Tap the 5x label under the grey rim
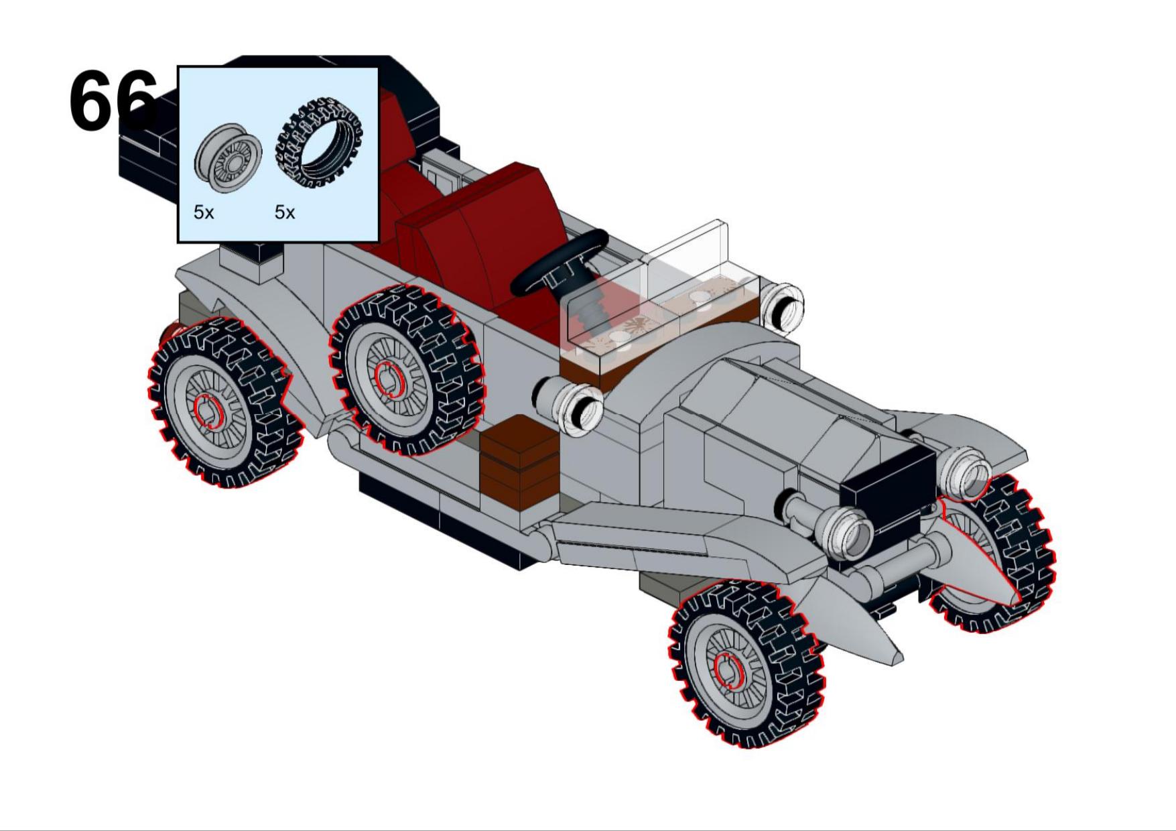204,212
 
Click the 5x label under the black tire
285,212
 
